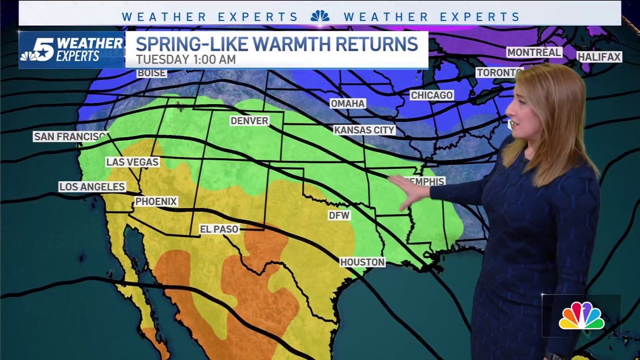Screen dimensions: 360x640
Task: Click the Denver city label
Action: click(249, 121)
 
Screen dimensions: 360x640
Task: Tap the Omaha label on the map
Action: click(348, 103)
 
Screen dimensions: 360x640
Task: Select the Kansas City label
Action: click(364, 130)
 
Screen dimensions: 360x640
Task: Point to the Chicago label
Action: click(432, 95)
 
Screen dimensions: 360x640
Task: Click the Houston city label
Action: click(363, 262)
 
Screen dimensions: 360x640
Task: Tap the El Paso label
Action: click(219, 229)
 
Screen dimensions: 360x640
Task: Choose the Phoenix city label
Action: click(155, 202)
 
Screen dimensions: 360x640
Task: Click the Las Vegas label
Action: click(133, 162)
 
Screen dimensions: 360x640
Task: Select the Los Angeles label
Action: click(92, 187)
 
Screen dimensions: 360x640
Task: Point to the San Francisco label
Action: click(70, 137)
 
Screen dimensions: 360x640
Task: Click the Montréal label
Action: click(534, 52)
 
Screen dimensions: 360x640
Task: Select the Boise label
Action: click(152, 73)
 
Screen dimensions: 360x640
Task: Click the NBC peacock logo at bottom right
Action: click(581, 316)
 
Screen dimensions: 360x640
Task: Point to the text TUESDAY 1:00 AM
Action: click(185, 60)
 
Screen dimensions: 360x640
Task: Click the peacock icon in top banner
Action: click(320, 17)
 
